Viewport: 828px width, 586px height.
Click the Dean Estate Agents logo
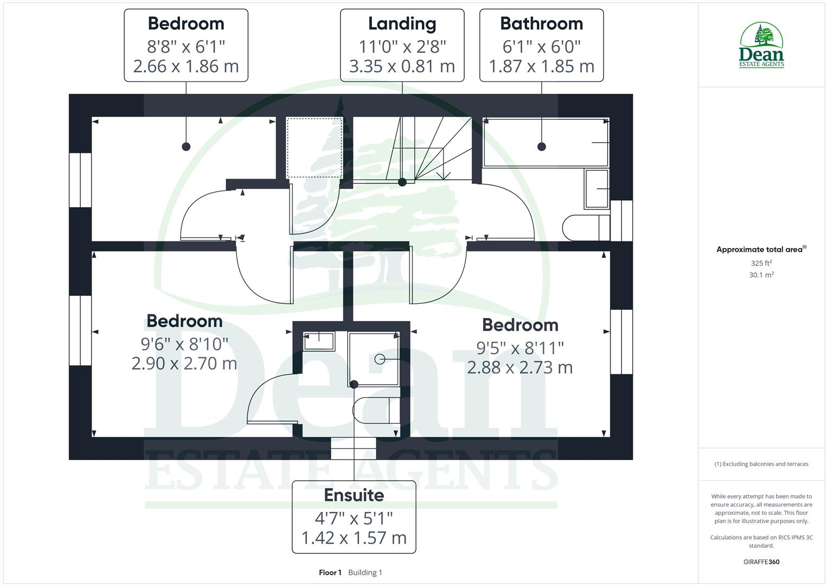point(761,46)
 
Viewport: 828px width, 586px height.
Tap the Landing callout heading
point(402,24)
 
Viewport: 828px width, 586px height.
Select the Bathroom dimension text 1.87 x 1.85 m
point(541,66)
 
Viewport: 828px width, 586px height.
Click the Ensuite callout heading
point(354,495)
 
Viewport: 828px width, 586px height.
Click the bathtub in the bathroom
point(545,142)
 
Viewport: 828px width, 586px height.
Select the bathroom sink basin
point(596,189)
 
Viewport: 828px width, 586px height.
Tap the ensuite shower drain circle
point(380,359)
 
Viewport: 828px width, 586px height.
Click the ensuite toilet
point(376,410)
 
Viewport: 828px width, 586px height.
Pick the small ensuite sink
point(319,341)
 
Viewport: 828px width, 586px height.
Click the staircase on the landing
point(428,149)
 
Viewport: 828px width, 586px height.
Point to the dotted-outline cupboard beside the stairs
point(314,147)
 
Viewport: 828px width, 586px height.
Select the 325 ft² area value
point(761,263)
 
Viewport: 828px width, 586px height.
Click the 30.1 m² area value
point(761,275)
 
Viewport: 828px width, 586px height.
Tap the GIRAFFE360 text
point(761,562)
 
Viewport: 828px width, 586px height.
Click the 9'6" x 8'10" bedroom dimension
point(184,344)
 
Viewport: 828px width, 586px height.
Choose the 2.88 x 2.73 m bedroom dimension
point(519,368)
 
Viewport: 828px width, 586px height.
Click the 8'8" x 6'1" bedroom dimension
point(186,47)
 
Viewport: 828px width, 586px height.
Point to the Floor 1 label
point(330,572)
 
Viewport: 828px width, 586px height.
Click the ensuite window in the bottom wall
point(354,449)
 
